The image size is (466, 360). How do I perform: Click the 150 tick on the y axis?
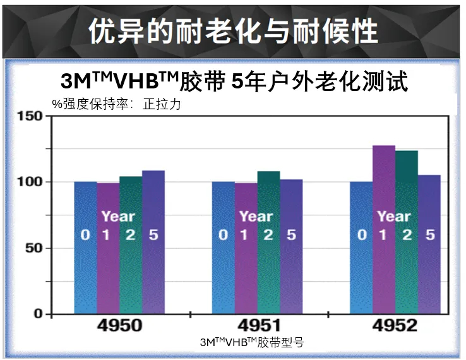coord(30,116)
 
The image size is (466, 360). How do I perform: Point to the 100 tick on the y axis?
coord(30,182)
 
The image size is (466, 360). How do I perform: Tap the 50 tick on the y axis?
coord(34,248)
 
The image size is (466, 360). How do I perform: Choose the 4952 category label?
coord(395,326)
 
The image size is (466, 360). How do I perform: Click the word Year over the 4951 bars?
coord(256,216)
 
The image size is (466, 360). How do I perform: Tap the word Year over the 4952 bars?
coord(394,216)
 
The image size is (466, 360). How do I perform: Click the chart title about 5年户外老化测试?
coord(234,81)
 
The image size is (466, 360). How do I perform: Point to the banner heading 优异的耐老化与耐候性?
coord(233,30)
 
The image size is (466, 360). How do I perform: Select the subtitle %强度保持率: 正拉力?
coord(117,104)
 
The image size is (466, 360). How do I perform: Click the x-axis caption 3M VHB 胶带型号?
coord(252,342)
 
